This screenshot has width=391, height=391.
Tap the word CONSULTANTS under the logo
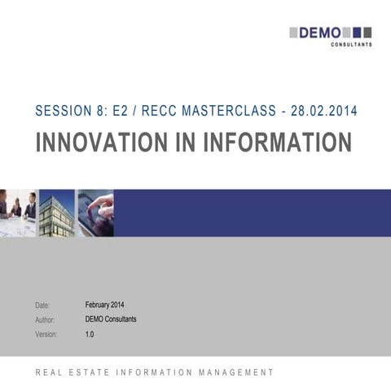click(352, 45)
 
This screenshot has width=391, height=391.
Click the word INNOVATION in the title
click(111, 142)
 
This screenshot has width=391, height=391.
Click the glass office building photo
click(57, 213)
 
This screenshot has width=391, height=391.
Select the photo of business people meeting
click(18, 213)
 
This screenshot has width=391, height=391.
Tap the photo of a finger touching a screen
click(94, 213)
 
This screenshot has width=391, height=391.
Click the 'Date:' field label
click(43, 305)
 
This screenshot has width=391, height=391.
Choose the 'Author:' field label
click(46, 320)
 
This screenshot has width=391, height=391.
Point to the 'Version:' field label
click(47, 335)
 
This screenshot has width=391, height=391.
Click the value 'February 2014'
click(104, 305)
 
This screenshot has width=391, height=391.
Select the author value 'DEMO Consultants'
click(111, 319)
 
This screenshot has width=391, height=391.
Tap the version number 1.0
click(90, 334)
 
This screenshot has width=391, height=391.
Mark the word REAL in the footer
click(46, 372)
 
